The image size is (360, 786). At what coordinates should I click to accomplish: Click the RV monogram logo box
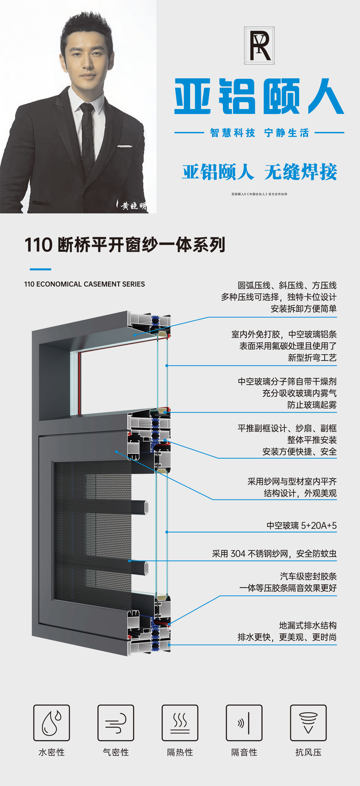click(x=259, y=46)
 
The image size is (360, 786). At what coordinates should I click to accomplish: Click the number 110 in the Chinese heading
click(x=38, y=245)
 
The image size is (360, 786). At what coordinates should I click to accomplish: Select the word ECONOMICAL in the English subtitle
click(x=59, y=284)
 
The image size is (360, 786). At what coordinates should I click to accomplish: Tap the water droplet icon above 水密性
click(x=51, y=723)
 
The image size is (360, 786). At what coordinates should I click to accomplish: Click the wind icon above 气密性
click(x=116, y=723)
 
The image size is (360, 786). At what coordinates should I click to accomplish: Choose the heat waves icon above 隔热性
click(x=180, y=723)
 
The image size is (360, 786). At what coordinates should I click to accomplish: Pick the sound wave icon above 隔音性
click(x=244, y=723)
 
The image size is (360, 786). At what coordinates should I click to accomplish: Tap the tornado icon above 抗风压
click(x=308, y=723)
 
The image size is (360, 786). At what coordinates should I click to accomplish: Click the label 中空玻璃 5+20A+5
click(x=301, y=525)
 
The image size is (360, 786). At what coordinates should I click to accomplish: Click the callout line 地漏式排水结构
click(x=308, y=625)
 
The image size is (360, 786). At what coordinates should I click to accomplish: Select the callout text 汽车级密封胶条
click(x=308, y=576)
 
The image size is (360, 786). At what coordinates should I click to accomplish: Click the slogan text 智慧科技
click(x=232, y=133)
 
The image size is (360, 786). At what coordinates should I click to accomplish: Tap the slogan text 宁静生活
click(x=287, y=133)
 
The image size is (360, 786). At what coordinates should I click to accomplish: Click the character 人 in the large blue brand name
click(x=326, y=97)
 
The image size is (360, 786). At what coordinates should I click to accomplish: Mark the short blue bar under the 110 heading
click(x=40, y=269)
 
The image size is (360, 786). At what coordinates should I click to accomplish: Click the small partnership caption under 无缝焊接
click(x=259, y=194)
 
